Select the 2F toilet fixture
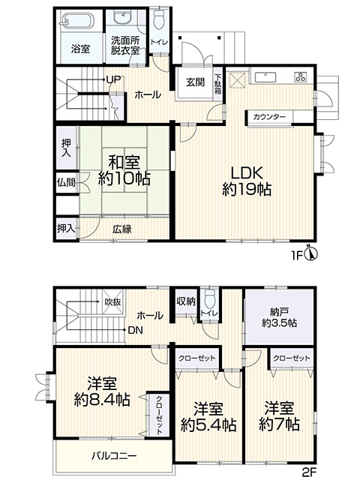pos(210,299)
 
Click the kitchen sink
pos(265,78)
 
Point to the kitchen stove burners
pos(301,76)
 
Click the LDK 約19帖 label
pos(247,181)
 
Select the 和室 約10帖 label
pos(124,170)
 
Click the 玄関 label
pos(195,82)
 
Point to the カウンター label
pos(270,117)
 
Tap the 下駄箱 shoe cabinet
pos(218,84)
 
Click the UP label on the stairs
pos(113,80)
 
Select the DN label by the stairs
pos(135,330)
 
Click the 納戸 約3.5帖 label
pos(279,317)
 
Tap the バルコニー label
pos(114,456)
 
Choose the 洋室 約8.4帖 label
pos(102,391)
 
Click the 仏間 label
pos(66,182)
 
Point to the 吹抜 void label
pos(112,302)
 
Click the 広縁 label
pos(121,229)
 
